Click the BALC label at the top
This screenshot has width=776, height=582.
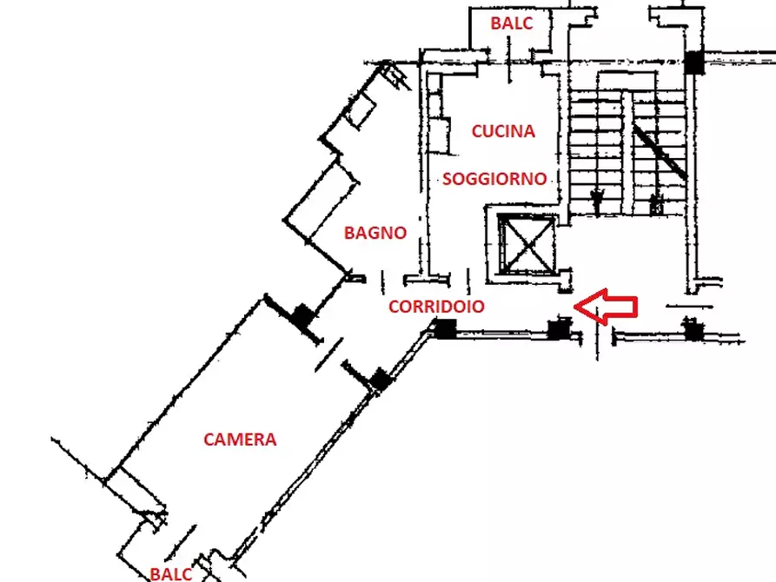[x=511, y=23]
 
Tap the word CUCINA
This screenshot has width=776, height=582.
[x=503, y=131]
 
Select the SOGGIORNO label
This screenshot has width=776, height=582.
[x=494, y=179]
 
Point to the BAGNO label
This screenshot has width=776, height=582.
[x=375, y=233]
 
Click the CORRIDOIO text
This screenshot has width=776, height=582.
[x=436, y=307]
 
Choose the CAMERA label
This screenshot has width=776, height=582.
[x=240, y=440]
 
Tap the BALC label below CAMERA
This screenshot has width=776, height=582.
[x=170, y=574]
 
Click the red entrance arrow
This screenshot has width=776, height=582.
[x=606, y=307]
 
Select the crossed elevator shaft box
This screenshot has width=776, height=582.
[x=527, y=243]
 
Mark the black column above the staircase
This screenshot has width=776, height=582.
[x=694, y=63]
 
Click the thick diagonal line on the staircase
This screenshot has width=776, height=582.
[x=660, y=152]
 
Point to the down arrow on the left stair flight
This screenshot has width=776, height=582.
[x=597, y=201]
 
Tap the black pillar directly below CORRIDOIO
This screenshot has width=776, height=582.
[x=445, y=328]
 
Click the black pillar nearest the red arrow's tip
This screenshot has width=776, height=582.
[x=559, y=329]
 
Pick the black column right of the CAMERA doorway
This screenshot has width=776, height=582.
[x=380, y=380]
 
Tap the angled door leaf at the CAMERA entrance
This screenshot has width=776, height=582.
[x=329, y=354]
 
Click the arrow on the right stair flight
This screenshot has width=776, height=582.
[x=657, y=204]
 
